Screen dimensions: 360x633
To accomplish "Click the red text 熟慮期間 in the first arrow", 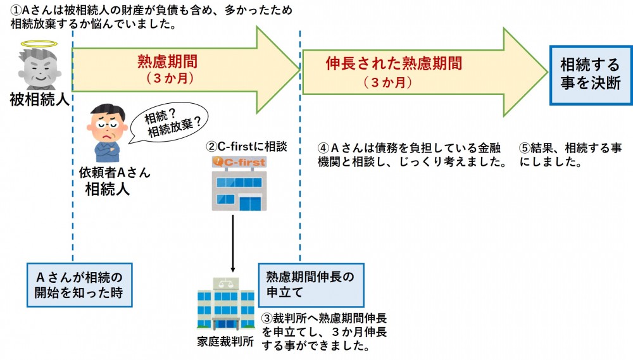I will click(x=167, y=61).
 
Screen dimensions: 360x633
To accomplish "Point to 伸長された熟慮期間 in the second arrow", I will click(x=393, y=63).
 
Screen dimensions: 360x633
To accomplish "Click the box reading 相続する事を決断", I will click(x=590, y=74).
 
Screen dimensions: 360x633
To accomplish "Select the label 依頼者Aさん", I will click(x=111, y=173).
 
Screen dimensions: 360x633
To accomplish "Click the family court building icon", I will click(x=225, y=304).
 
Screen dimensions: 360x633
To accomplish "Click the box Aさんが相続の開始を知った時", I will click(x=79, y=284).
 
